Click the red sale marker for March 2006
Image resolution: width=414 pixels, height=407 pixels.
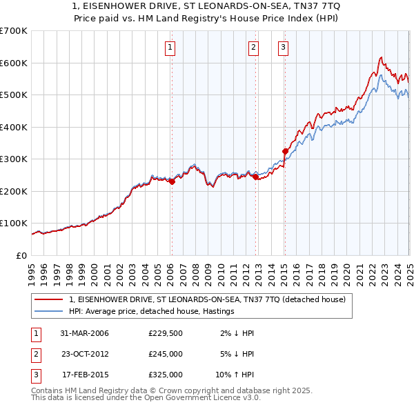click(x=172, y=181)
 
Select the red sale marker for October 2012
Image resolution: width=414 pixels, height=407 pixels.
click(x=255, y=177)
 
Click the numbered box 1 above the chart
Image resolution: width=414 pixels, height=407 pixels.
click(x=170, y=48)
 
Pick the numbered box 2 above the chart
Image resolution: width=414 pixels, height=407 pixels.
click(x=253, y=48)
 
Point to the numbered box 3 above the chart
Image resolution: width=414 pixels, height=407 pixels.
click(x=283, y=48)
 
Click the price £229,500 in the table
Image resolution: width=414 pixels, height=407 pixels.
click(x=165, y=333)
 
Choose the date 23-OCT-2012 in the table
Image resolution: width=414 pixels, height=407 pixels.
click(x=85, y=354)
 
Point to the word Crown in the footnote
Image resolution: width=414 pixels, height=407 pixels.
click(x=175, y=390)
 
